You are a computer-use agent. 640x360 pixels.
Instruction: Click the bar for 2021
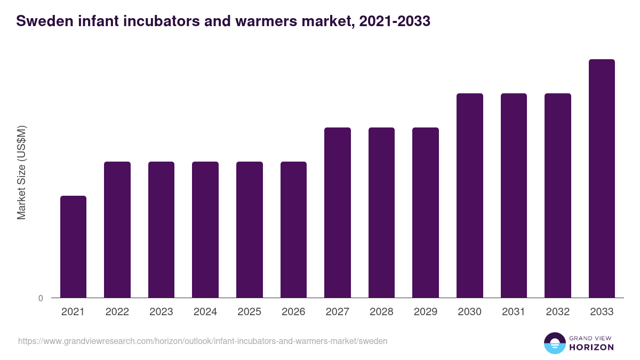pos(73,246)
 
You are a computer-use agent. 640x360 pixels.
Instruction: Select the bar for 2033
pos(602,178)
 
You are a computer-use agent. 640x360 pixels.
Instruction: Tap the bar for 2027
pos(338,212)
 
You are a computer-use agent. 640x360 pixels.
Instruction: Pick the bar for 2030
pos(470,195)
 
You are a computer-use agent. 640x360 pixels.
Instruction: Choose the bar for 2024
pos(205,229)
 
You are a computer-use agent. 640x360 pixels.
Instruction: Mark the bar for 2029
pos(426,212)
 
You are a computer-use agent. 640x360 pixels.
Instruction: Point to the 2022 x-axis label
pos(117,312)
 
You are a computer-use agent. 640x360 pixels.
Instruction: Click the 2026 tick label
pos(293,312)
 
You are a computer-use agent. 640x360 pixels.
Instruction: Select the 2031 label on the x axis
pos(514,312)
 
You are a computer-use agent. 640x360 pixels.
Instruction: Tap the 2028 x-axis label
pos(381,312)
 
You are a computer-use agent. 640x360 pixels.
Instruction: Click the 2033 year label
pos(602,312)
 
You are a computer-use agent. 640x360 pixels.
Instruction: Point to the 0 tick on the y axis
pos(41,299)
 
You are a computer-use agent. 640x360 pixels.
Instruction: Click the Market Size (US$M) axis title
pos(21,172)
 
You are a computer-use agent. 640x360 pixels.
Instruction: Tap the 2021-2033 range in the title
pos(395,22)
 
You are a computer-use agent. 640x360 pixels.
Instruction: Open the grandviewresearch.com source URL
pos(203,341)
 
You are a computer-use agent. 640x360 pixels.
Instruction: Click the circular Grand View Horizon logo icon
pos(555,343)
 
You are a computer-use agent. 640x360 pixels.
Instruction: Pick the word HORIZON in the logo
pos(591,347)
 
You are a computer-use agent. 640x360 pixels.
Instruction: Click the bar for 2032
pos(558,195)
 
